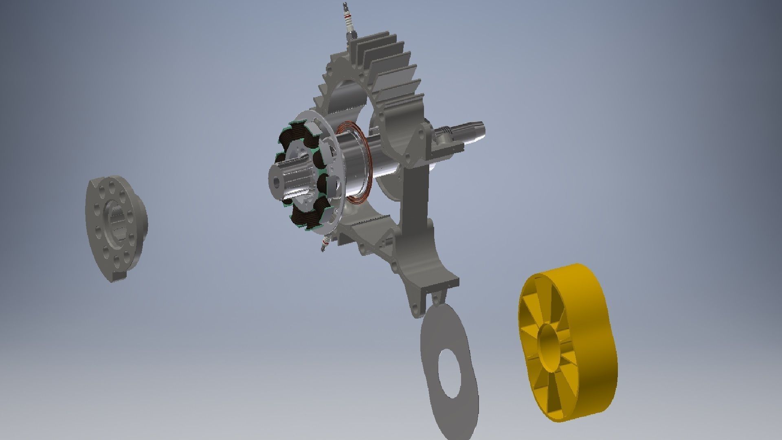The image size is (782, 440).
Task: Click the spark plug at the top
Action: (349, 22)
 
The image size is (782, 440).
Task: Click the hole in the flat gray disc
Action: (450, 373)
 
